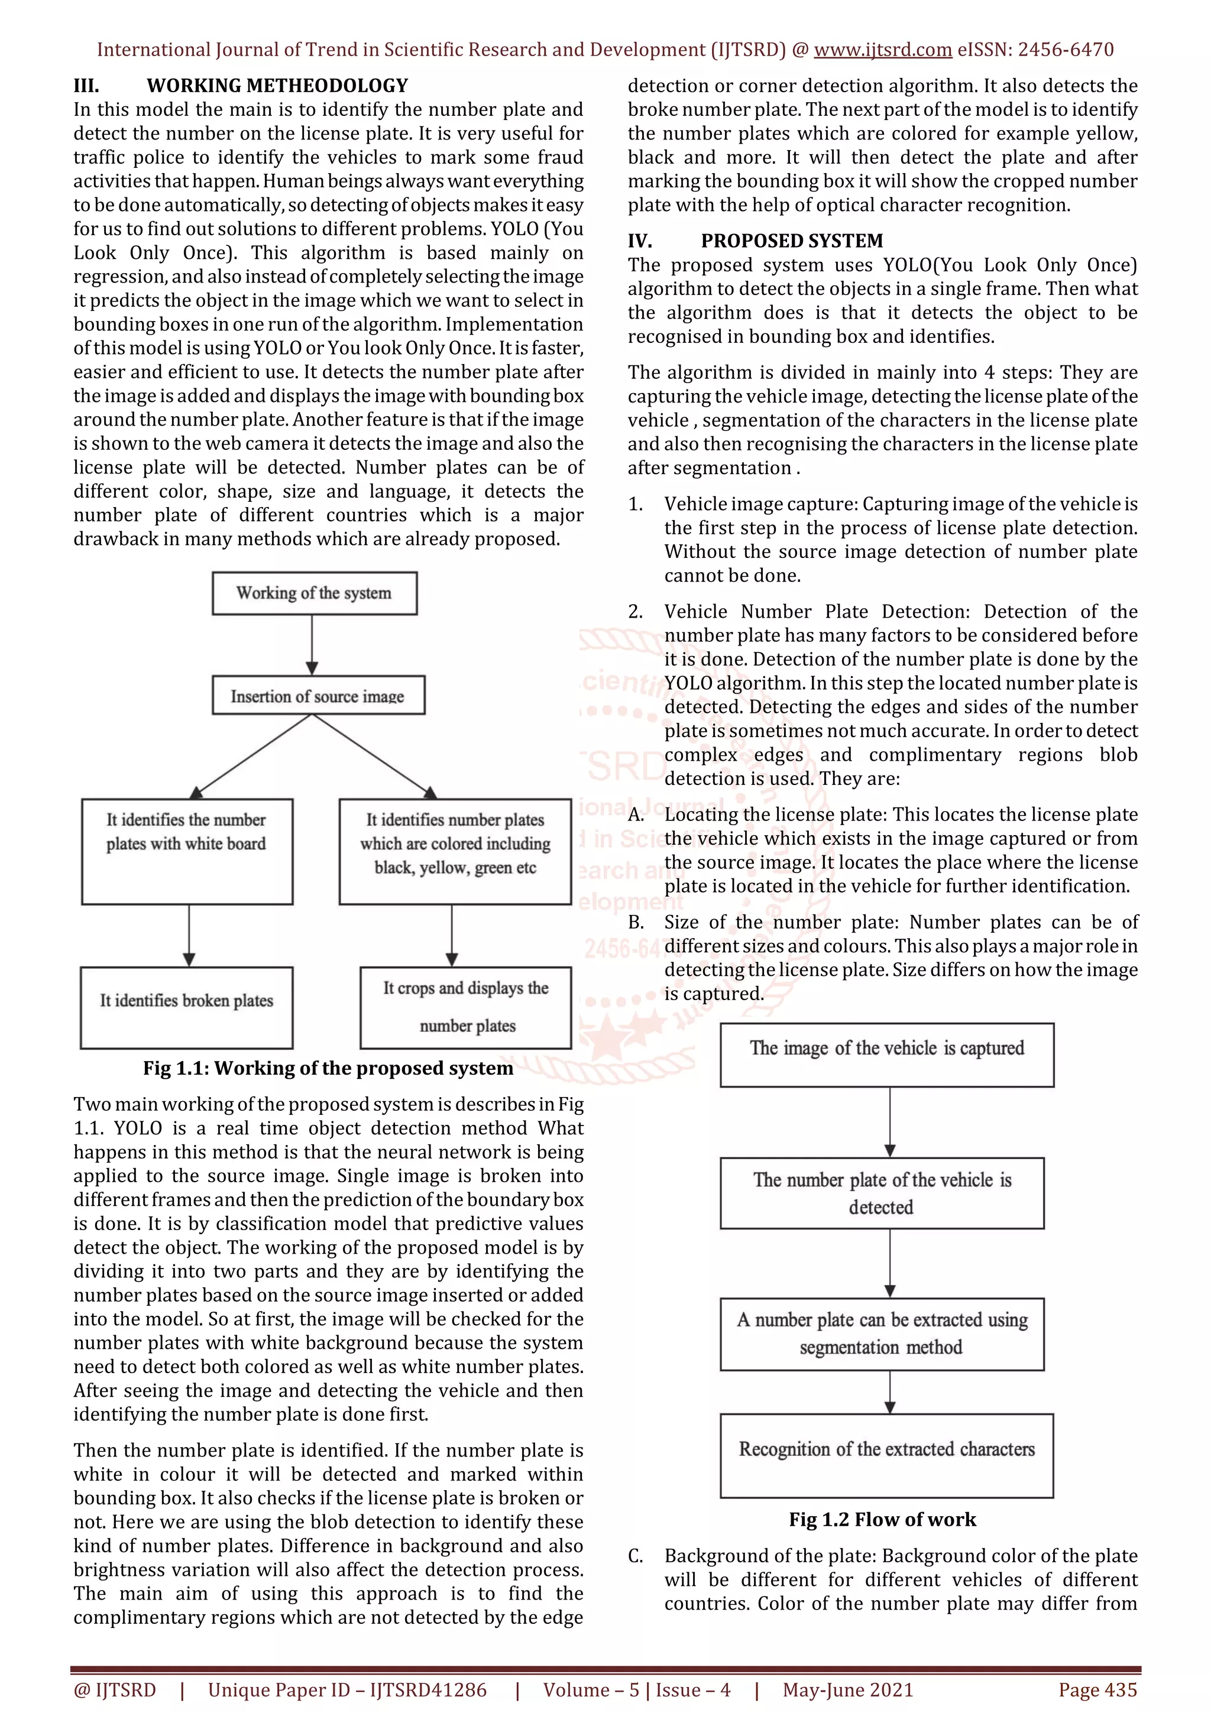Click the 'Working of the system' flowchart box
click(x=314, y=593)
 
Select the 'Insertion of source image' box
click(x=318, y=695)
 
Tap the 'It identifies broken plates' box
click(x=186, y=1007)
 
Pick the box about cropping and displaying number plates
click(x=465, y=1007)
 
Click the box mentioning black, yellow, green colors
click(x=455, y=851)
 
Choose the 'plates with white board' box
click(x=186, y=851)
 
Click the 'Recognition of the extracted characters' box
click(x=886, y=1455)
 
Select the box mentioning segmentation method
click(x=882, y=1334)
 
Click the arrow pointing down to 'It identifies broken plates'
click(x=189, y=936)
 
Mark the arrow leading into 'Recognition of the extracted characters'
click(x=889, y=1391)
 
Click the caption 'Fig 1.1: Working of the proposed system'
click(x=328, y=1068)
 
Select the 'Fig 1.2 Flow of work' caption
click(x=882, y=1519)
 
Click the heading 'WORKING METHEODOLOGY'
click(x=277, y=86)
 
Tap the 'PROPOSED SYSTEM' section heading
click(x=792, y=241)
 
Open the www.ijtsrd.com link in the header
click(x=882, y=50)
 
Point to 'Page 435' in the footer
click(x=1097, y=1690)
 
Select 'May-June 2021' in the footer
click(x=847, y=1690)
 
